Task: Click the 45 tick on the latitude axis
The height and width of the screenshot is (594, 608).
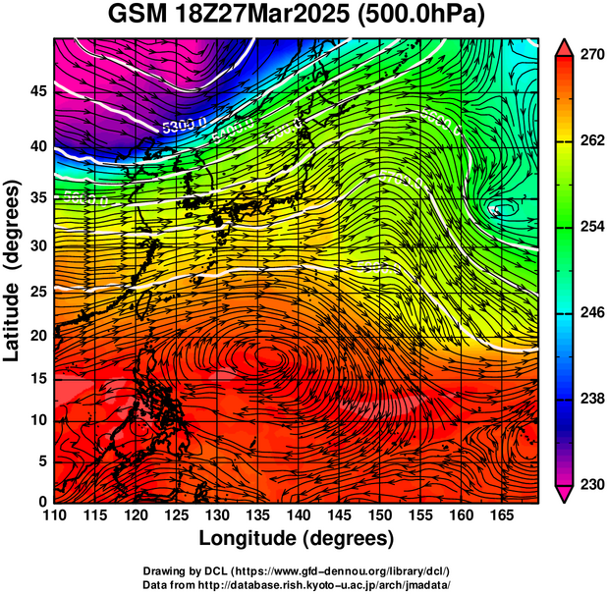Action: pos(36,91)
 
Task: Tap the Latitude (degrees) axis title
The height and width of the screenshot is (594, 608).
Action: pos(14,270)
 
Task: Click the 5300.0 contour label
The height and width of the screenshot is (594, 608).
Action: pos(184,126)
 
